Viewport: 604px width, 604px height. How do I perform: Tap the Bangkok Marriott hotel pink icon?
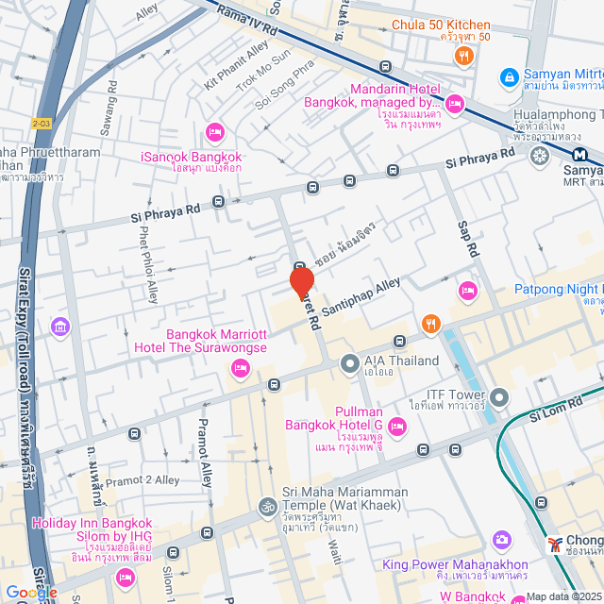coord(239,367)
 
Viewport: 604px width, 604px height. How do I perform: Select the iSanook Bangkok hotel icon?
coord(214,132)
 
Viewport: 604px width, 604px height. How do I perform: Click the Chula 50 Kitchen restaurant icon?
coord(462,56)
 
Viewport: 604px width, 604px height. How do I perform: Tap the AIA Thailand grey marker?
coord(349,361)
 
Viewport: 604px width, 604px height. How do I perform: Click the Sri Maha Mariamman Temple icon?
coord(265,508)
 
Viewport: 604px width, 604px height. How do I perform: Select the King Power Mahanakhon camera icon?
coord(502,540)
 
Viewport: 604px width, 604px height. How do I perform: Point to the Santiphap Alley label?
coord(361,296)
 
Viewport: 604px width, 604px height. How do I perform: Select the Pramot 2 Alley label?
coord(142,480)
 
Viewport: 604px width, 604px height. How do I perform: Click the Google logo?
coord(31,592)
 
